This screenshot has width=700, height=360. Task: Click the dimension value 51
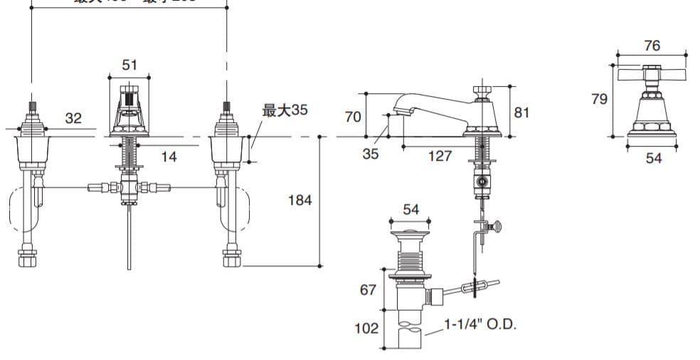(129, 65)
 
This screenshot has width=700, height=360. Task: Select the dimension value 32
(73, 119)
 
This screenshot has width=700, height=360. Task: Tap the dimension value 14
(169, 157)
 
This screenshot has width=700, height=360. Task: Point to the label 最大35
(285, 110)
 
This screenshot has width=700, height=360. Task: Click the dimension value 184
(299, 200)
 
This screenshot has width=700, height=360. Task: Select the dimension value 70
(353, 116)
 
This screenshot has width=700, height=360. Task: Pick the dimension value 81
(521, 112)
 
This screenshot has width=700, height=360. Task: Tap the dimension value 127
(439, 156)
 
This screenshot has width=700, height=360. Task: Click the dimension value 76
(652, 46)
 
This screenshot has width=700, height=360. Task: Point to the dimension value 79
(599, 99)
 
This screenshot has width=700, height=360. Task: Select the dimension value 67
(367, 290)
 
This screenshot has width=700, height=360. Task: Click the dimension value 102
(367, 328)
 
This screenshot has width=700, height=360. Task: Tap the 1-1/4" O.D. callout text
(480, 324)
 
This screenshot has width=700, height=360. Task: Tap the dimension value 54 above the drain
(410, 209)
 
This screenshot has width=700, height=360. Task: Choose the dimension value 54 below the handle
(653, 158)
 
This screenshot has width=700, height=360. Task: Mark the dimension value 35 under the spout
(371, 154)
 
